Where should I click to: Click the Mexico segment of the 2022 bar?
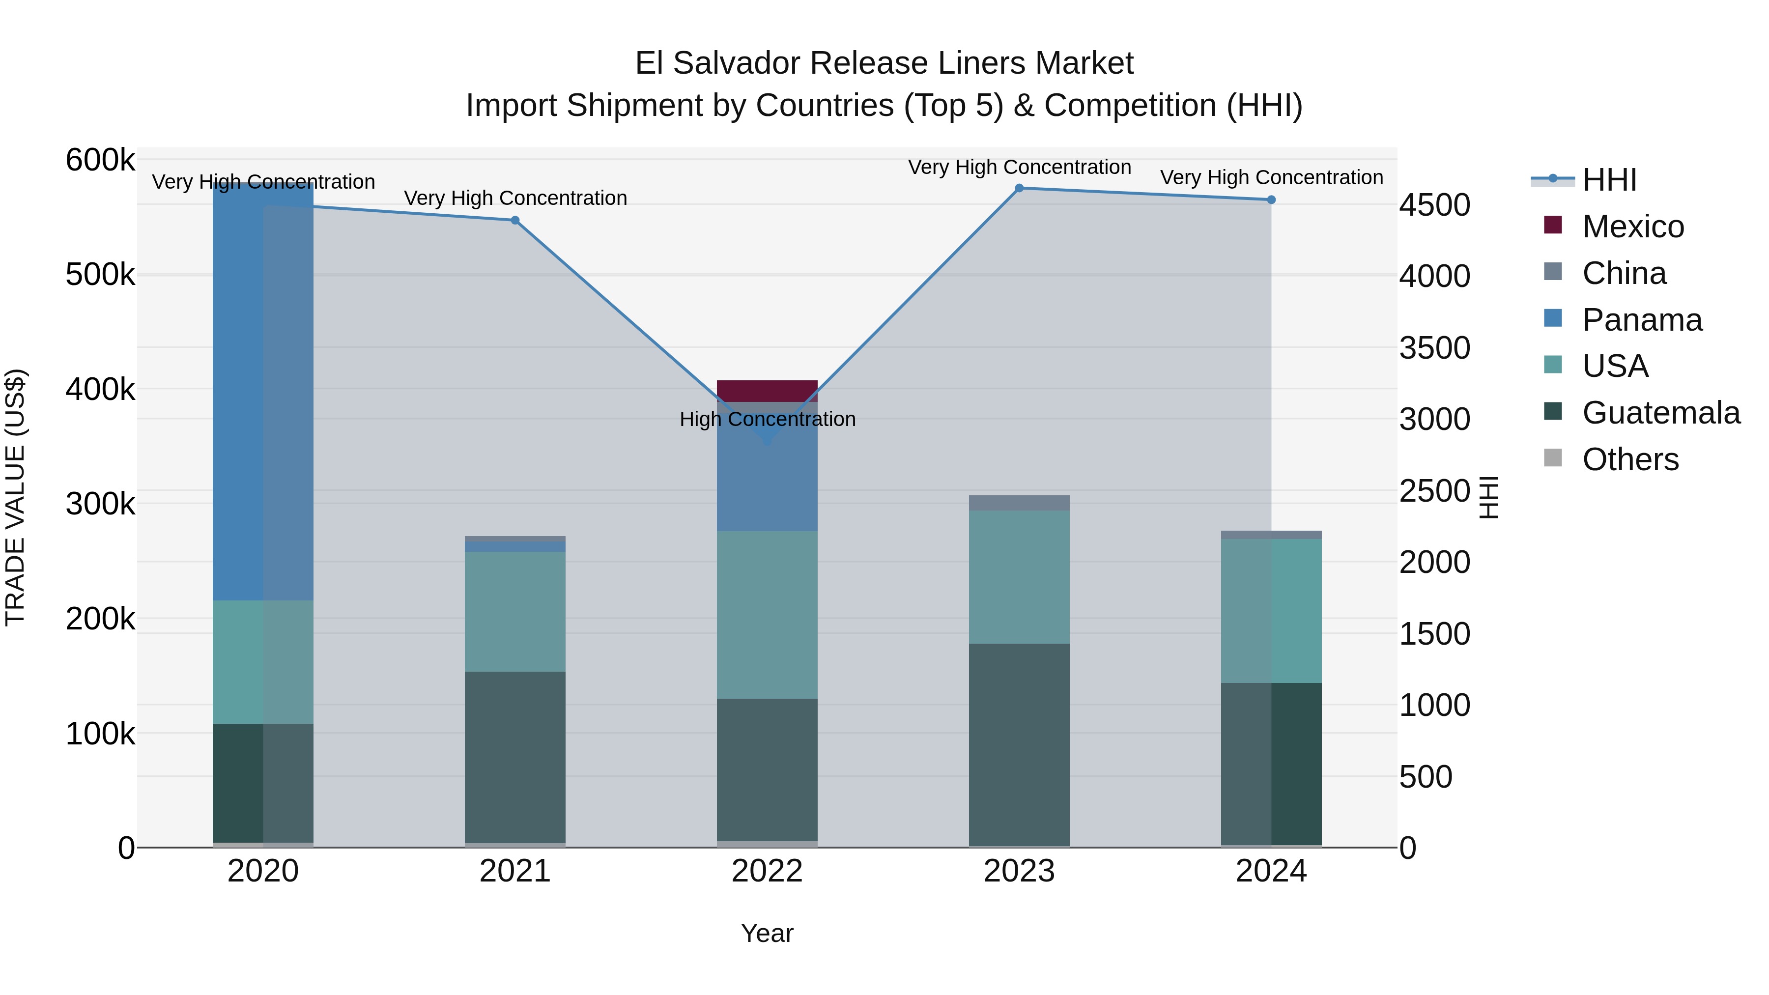click(767, 391)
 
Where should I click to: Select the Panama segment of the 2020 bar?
click(263, 392)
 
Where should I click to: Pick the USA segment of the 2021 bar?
click(515, 611)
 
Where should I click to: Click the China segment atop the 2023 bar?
click(1019, 503)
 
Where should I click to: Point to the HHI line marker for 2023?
click(1019, 188)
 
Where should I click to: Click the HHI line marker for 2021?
click(515, 221)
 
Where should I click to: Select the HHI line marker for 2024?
click(1271, 200)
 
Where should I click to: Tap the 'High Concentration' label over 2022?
click(767, 419)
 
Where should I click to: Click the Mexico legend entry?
click(1632, 227)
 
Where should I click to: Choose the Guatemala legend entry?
click(1660, 413)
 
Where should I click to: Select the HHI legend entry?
click(1609, 180)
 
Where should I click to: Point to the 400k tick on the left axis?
click(100, 389)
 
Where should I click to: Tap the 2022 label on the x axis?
click(767, 871)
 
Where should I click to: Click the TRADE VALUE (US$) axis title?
click(16, 497)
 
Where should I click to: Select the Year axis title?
click(767, 933)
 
